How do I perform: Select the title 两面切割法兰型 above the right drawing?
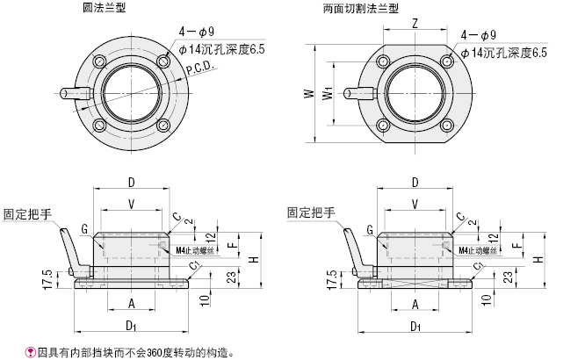tap(361, 9)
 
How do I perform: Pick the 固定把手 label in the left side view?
tap(26, 213)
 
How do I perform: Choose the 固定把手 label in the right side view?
tap(311, 213)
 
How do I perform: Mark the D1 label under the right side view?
tap(414, 327)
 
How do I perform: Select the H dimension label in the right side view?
tap(538, 259)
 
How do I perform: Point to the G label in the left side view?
tap(84, 229)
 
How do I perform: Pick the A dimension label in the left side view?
tap(131, 304)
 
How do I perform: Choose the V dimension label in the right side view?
tap(415, 204)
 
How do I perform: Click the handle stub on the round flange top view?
tap(73, 91)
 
